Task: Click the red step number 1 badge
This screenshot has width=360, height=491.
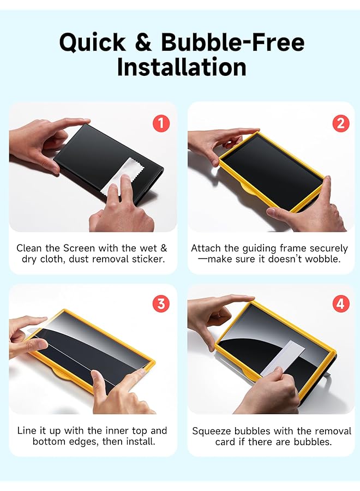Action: click(160, 123)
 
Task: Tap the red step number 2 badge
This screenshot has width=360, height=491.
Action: click(341, 123)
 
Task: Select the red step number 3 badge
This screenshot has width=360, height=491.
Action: click(160, 304)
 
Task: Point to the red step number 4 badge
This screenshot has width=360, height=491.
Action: click(341, 304)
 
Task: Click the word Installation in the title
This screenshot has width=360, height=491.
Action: click(181, 67)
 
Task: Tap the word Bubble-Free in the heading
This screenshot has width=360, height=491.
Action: click(232, 42)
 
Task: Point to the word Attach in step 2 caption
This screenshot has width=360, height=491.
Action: click(206, 248)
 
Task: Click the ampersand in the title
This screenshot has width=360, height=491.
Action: click(143, 42)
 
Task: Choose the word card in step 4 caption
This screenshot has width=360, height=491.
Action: click(226, 441)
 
